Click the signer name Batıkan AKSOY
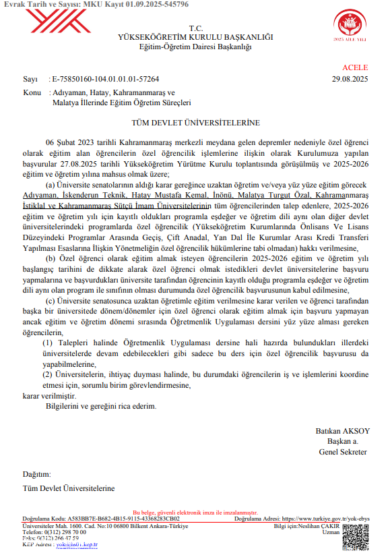342,431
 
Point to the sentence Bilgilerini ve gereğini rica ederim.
101,407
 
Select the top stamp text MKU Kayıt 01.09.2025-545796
135,5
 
